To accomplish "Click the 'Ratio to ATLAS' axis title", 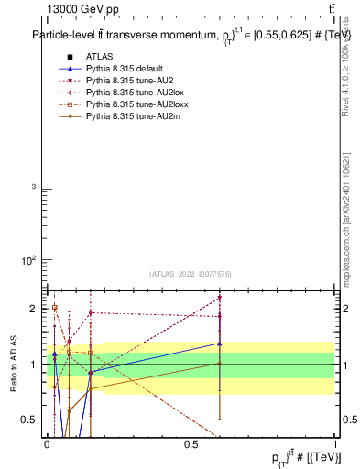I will tap(13, 365).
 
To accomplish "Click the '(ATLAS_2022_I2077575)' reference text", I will tap(191, 274).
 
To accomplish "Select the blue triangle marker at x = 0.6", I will tap(219, 344).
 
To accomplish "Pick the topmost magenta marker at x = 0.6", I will tap(219, 298).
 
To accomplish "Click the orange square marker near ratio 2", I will tap(55, 308).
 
